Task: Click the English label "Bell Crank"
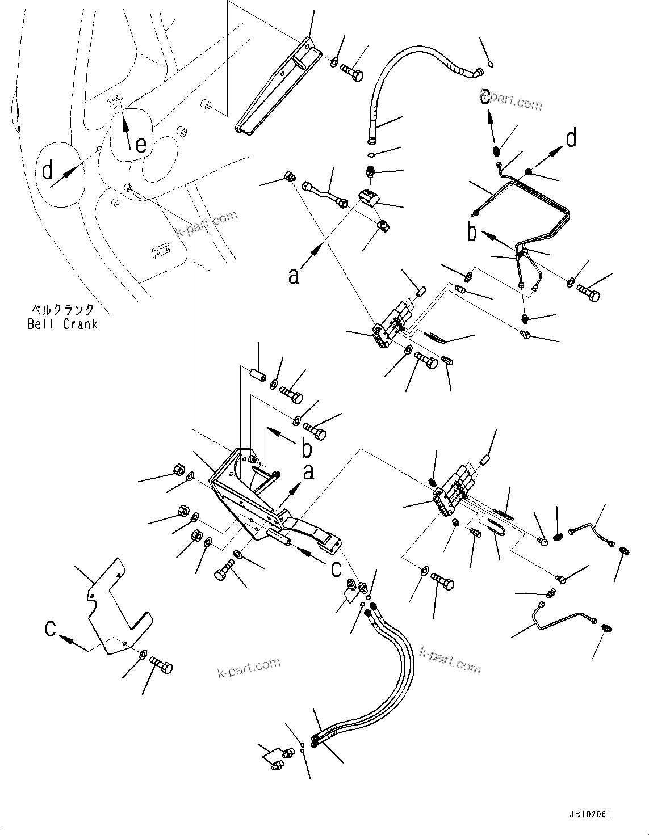click(62, 324)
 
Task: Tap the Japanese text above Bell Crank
click(62, 310)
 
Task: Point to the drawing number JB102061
click(587, 813)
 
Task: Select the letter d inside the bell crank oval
click(48, 169)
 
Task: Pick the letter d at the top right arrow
click(571, 138)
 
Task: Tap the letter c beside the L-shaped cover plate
click(51, 629)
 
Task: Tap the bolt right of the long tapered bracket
click(352, 73)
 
